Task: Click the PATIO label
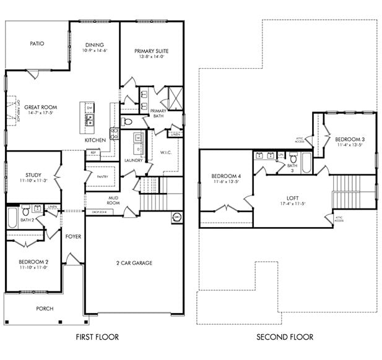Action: click(39, 44)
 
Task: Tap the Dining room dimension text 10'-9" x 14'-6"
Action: click(95, 51)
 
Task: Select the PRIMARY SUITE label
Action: click(151, 51)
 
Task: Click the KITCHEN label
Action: click(95, 140)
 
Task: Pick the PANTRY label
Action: click(103, 176)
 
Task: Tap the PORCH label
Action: click(45, 309)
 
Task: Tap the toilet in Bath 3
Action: click(292, 158)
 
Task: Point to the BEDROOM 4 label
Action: click(226, 176)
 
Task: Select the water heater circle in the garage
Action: click(176, 216)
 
